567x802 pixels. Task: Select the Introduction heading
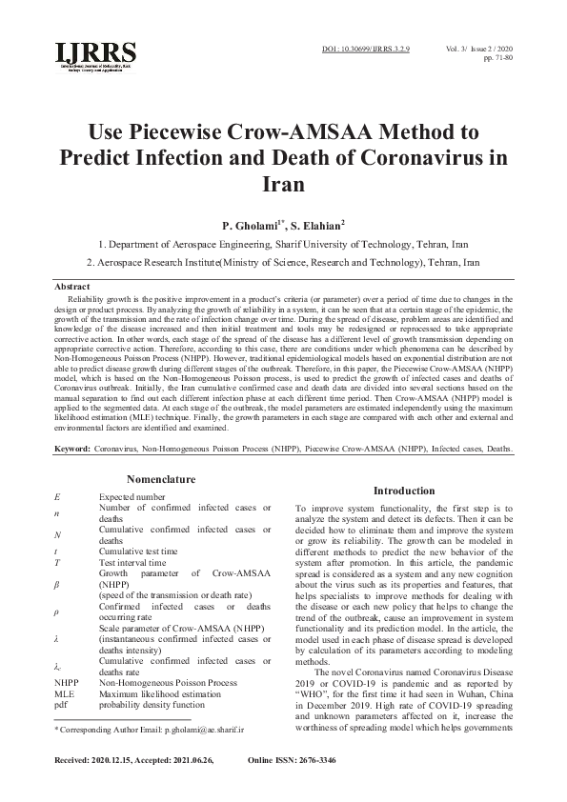tap(404, 490)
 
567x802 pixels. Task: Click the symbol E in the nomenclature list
tap(57, 496)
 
